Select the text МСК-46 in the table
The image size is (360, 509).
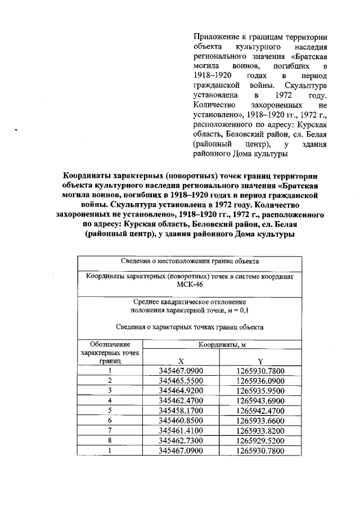coord(189,285)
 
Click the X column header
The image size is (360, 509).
coord(180,362)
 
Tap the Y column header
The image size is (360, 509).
coord(260,362)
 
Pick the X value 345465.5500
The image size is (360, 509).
coord(180,381)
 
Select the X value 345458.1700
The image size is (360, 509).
coord(180,410)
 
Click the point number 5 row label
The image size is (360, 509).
coord(110,410)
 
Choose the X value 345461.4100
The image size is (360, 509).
coord(180,430)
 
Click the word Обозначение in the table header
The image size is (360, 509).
coord(110,344)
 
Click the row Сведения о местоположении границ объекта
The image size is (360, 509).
coord(189,262)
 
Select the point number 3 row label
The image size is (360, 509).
coord(110,390)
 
